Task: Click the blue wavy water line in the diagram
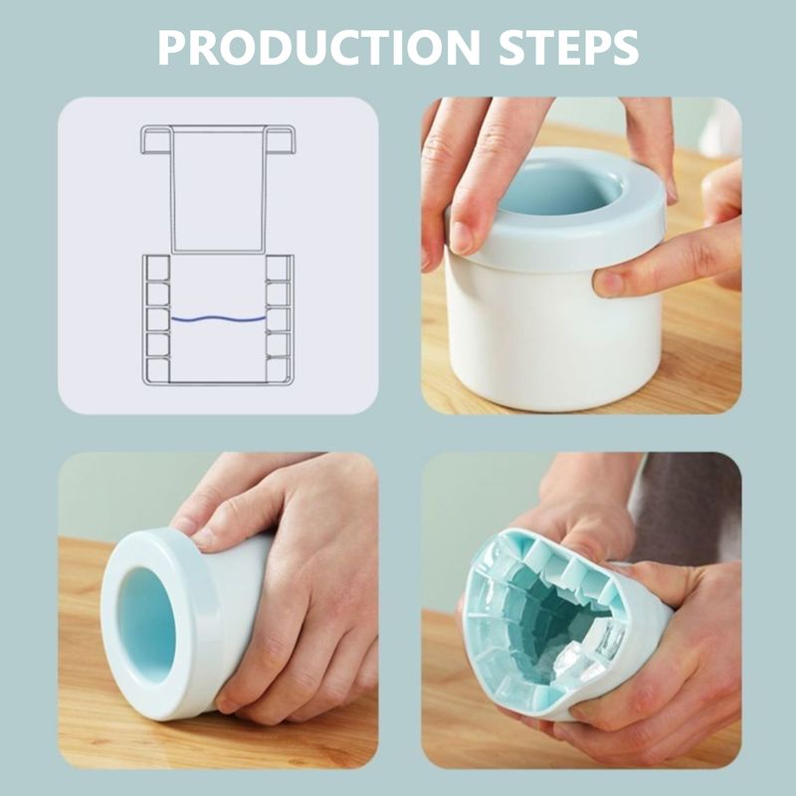(x=218, y=318)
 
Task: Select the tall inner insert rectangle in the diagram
(x=217, y=189)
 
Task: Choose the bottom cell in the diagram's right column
(x=279, y=369)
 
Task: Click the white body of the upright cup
(x=537, y=338)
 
